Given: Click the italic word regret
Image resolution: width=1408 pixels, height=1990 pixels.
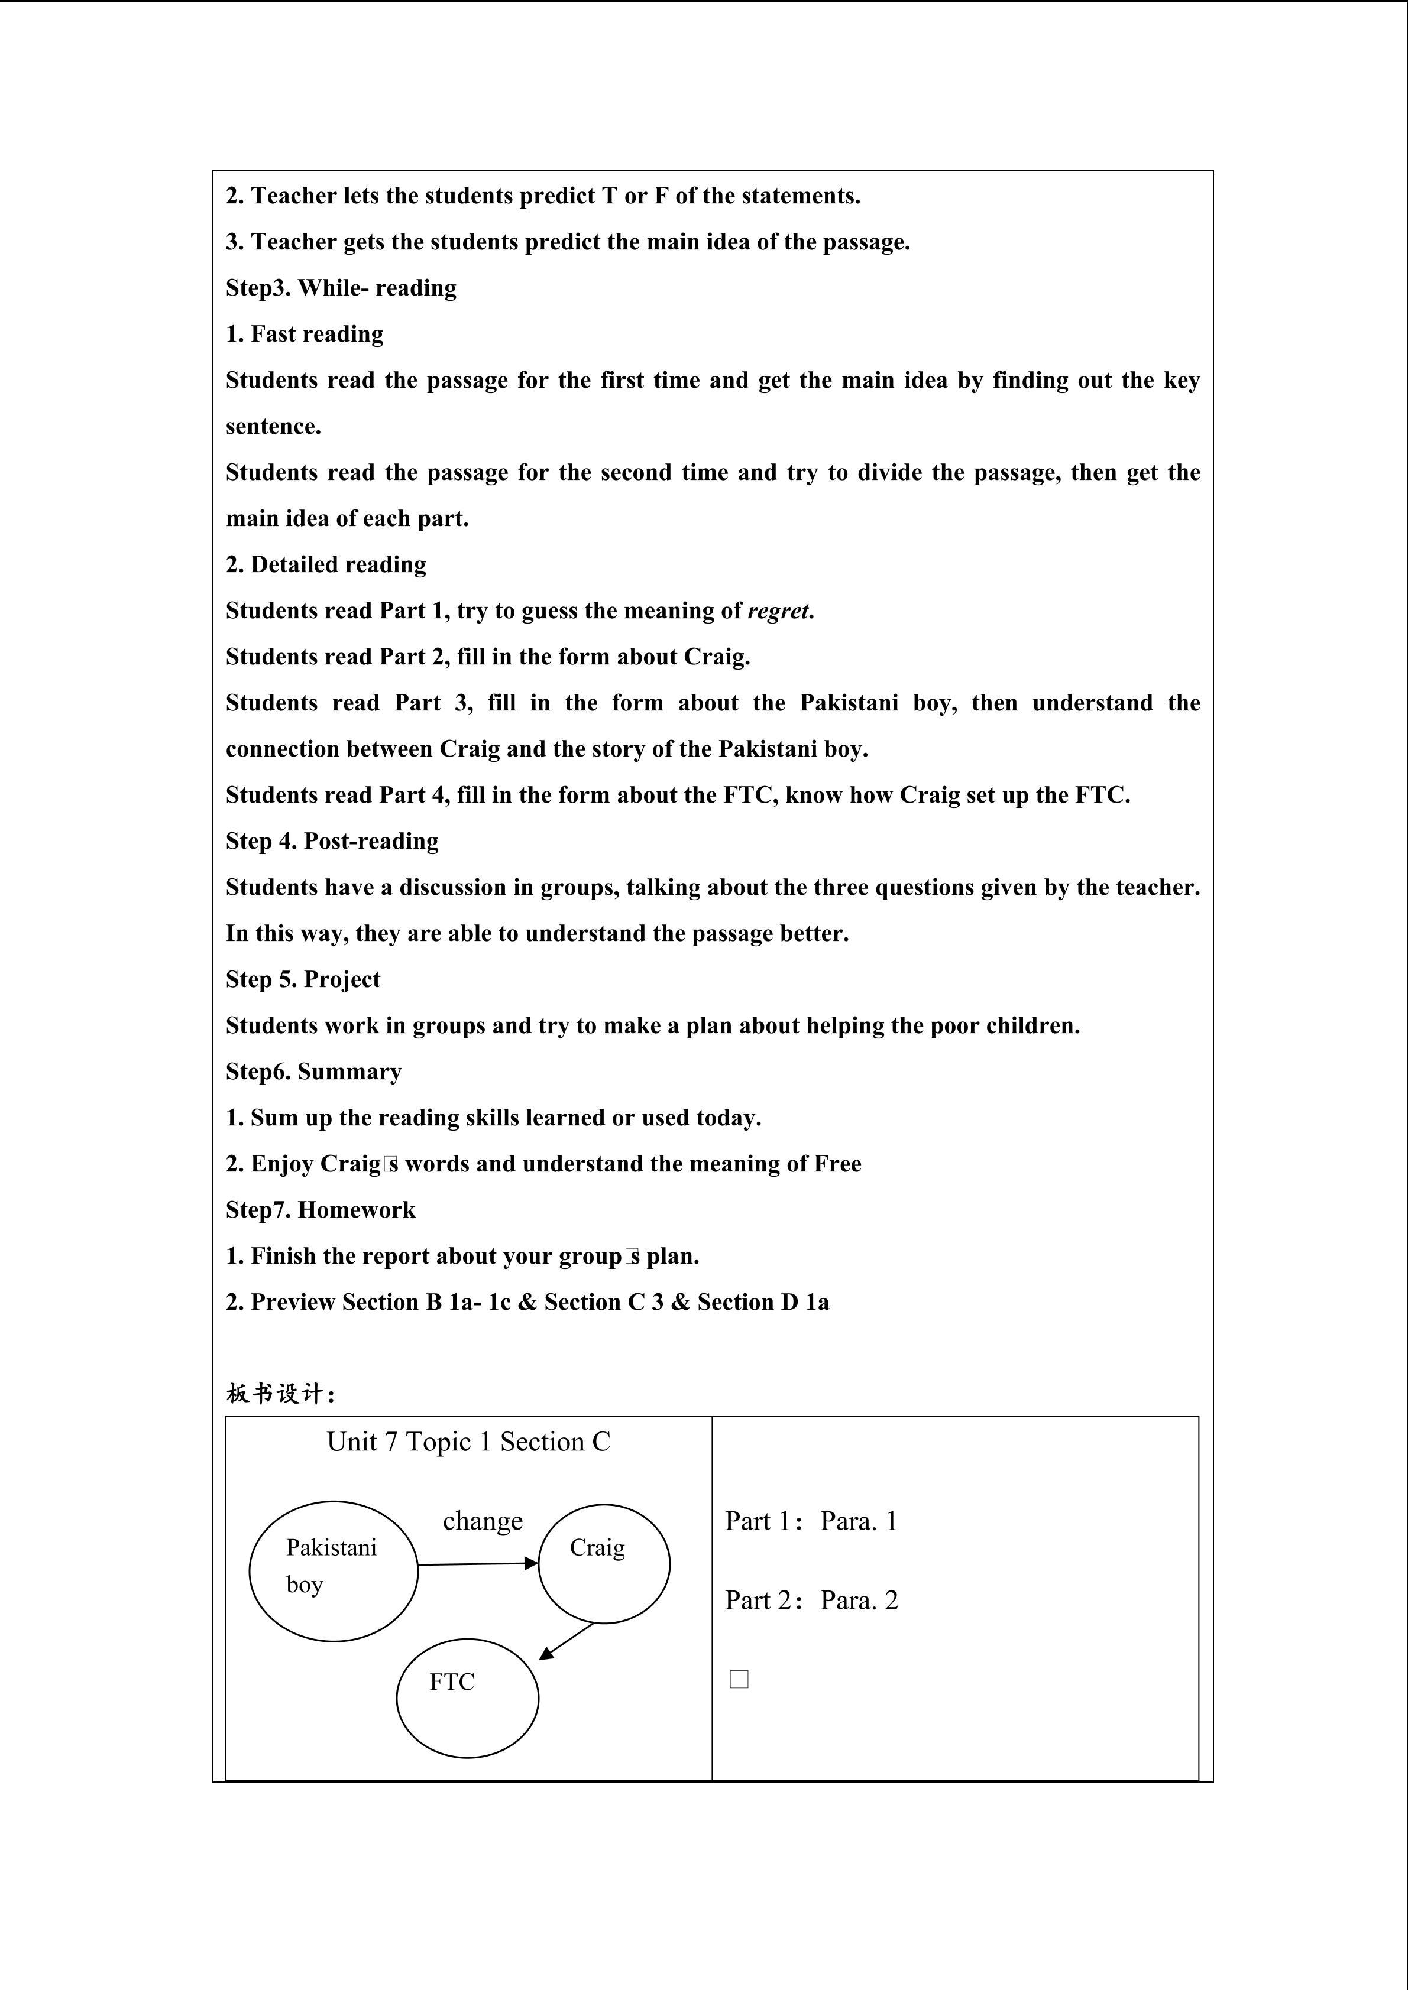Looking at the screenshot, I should click(x=779, y=611).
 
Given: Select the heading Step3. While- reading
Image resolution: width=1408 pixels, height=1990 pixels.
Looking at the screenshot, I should click(x=341, y=288).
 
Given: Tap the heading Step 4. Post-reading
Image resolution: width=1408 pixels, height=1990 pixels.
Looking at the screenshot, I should click(x=332, y=840).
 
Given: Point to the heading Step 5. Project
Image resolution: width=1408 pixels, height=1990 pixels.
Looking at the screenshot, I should click(x=303, y=979).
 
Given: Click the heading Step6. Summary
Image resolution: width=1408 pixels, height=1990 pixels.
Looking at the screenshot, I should click(x=314, y=1072).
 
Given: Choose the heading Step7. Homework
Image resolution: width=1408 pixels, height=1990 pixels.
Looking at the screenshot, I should click(x=321, y=1210).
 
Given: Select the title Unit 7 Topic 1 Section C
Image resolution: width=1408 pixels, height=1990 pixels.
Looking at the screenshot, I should click(x=468, y=1442).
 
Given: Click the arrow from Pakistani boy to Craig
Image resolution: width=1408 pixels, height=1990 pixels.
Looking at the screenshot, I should click(x=477, y=1564).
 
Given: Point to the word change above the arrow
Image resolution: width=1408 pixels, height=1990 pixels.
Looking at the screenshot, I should click(x=483, y=1521).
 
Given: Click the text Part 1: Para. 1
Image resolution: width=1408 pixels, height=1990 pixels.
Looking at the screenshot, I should click(x=811, y=1521).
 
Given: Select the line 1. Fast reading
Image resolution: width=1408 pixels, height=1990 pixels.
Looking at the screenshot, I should click(x=305, y=335).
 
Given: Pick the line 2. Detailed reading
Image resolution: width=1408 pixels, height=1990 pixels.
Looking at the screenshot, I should click(x=326, y=565).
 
